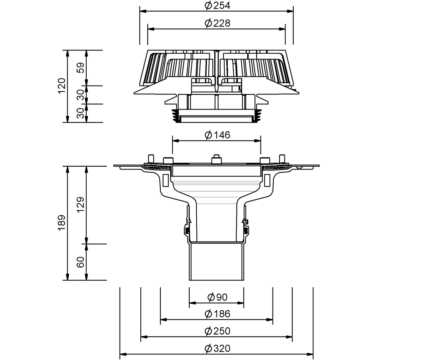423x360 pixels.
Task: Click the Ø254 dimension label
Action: tap(217, 6)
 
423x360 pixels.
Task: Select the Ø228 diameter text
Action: tap(217, 23)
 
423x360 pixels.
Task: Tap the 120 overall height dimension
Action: tap(62, 86)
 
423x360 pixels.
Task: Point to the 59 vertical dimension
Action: tap(81, 68)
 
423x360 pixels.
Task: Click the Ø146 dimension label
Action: tap(217, 135)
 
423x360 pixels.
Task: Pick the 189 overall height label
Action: tap(62, 223)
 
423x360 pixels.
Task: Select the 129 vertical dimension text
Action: tap(81, 205)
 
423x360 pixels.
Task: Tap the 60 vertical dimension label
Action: tap(81, 262)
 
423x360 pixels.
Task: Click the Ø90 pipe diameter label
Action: tap(217, 297)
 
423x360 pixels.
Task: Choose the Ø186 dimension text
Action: tap(217, 314)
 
